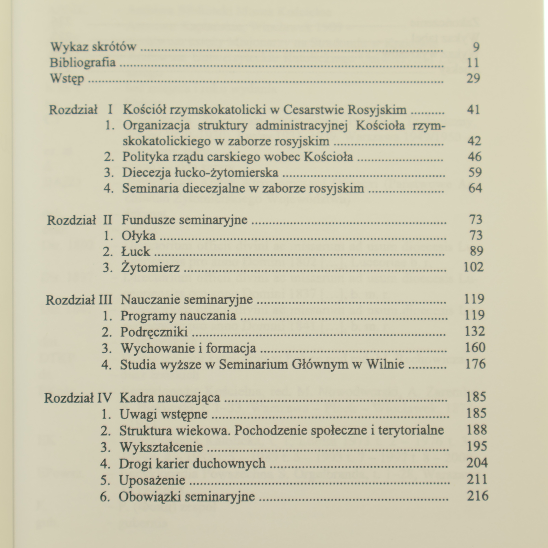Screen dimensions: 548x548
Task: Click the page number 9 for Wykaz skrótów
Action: pos(476,47)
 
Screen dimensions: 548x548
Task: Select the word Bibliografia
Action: pos(83,63)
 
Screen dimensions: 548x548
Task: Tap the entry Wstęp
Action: pos(67,79)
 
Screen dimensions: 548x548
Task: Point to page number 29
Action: pos(473,78)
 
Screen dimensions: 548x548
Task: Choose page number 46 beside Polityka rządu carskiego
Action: pos(475,157)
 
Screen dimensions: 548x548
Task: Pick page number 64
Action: pos(475,188)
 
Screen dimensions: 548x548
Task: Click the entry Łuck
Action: pos(136,251)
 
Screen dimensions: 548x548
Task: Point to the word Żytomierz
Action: pos(150,267)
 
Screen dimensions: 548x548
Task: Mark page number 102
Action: pos(473,267)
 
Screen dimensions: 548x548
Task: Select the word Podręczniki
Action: pos(154,332)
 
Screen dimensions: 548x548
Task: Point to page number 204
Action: pos(476,463)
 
